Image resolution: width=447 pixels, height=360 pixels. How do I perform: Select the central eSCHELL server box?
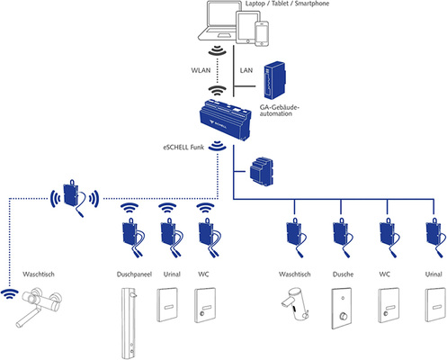coord(223,121)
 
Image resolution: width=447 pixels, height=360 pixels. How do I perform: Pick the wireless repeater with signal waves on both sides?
coord(69,196)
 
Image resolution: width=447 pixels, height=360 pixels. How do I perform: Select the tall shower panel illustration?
coord(131,321)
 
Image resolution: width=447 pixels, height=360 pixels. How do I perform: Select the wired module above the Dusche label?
coord(340,237)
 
